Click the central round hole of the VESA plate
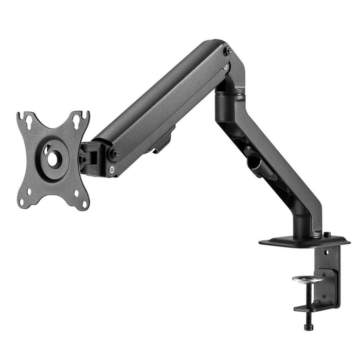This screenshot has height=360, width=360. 53,158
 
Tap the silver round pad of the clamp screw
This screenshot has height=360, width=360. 304,278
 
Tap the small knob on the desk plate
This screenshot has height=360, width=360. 327,235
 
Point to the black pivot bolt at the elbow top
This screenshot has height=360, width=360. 229,51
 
